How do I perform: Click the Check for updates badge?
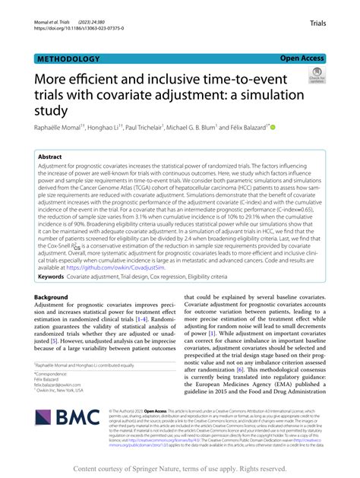[316, 74]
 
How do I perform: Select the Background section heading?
[56, 297]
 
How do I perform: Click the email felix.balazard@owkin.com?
[65, 385]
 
